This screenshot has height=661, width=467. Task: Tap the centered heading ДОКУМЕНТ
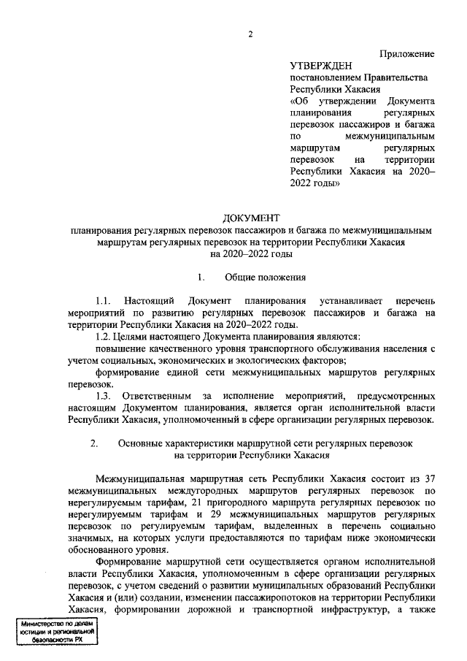pyautogui.click(x=250, y=218)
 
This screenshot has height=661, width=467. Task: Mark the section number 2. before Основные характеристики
pyautogui.click(x=93, y=443)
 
